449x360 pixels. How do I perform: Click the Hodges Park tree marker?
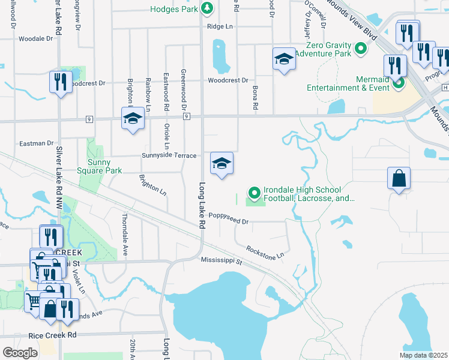207,8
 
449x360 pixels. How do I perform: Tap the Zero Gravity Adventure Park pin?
361,49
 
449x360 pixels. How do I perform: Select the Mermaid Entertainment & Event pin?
398,83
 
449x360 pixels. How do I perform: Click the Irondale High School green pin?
254,193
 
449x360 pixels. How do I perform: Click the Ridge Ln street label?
219,27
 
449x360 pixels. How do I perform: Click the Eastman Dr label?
37,143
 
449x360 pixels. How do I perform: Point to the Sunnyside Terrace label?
169,155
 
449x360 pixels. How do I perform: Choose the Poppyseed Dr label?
228,221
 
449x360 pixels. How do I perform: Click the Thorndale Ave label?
125,235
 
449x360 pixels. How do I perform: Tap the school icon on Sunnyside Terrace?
221,164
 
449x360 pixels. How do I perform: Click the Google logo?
20,353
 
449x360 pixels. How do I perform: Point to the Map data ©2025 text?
423,355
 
